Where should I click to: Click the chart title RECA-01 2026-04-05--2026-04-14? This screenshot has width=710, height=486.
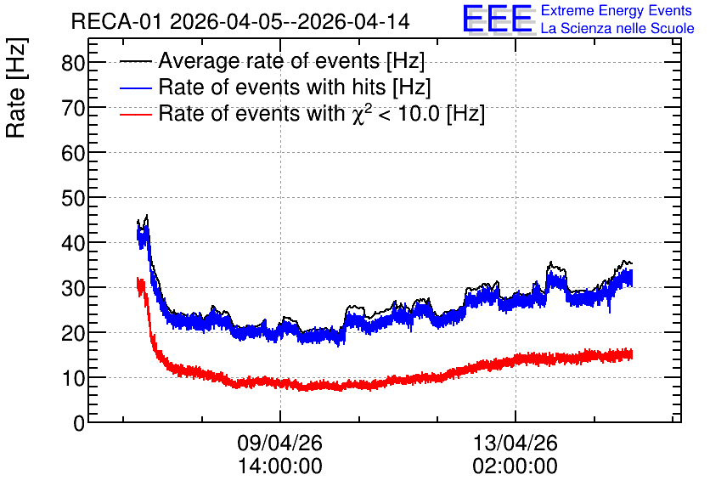(240, 22)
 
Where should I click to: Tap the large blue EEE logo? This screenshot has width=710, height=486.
(498, 19)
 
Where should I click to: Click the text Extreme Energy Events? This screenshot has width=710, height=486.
(617, 10)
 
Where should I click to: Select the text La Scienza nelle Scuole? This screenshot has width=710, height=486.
(617, 29)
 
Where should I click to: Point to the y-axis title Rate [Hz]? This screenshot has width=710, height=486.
(16, 88)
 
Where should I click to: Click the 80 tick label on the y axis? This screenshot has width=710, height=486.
(73, 63)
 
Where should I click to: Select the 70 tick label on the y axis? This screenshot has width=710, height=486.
(73, 108)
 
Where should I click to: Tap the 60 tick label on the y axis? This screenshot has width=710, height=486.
(73, 153)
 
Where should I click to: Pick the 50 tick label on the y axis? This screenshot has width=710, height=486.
(73, 198)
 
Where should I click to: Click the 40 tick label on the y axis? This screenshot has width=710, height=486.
(73, 243)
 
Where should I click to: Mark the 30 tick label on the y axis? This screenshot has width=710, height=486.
(73, 288)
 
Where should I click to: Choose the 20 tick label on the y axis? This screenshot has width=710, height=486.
(73, 333)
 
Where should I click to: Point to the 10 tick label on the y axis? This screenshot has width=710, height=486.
(73, 378)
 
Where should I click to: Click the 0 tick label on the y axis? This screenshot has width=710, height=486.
(79, 423)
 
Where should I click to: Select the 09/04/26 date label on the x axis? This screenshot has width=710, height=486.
(279, 443)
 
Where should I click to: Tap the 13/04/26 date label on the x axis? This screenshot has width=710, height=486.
(515, 443)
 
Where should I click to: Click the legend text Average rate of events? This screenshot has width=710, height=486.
(269, 60)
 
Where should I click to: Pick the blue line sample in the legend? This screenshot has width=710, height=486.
(135, 88)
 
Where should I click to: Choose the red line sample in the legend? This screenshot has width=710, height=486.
(135, 114)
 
